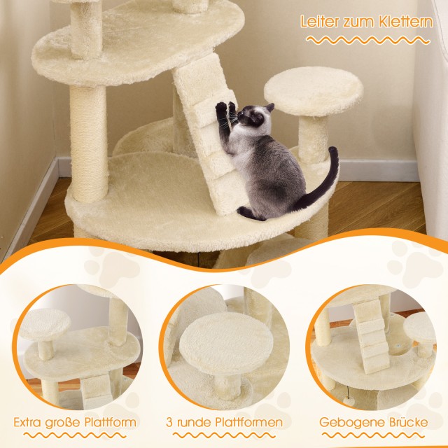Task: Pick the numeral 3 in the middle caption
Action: click(x=169, y=422)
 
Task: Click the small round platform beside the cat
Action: click(x=314, y=91)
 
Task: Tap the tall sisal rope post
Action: click(x=89, y=143)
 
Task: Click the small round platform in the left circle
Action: click(x=45, y=324)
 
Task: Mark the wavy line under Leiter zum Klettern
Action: click(x=368, y=40)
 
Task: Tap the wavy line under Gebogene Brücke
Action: click(x=374, y=435)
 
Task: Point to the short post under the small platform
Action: click(x=314, y=140)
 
